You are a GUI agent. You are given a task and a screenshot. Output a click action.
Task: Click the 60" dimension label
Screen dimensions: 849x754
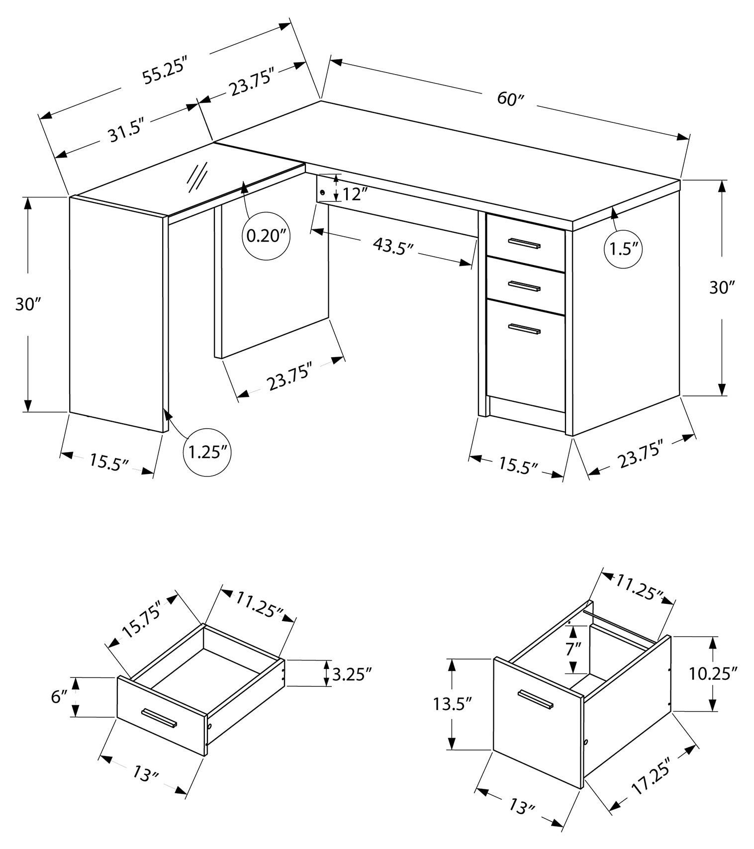pos(511,98)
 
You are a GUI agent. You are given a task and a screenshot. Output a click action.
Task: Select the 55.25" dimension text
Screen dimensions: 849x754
pos(164,71)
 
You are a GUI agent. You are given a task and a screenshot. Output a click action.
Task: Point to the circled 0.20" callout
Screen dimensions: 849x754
pos(268,235)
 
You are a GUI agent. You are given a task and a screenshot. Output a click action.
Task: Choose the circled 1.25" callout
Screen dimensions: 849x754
pos(207,452)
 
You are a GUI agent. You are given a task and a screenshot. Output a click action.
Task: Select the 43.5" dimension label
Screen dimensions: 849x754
pos(393,246)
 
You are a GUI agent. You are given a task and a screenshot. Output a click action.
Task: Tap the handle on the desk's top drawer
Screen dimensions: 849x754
pos(524,243)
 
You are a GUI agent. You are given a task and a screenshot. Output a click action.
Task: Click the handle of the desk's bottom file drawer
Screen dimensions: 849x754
pos(524,328)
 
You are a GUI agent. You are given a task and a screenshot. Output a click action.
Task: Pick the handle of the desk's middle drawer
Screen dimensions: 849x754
pos(524,286)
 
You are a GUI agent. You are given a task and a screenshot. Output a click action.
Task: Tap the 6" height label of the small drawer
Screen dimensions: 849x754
pos(58,697)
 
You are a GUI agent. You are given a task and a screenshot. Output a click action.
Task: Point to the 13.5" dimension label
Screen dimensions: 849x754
pos(452,704)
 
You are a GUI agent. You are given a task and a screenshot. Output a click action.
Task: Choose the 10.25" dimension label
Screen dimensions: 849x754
pos(712,674)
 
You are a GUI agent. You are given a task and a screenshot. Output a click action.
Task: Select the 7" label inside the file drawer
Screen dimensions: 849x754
pos(573,649)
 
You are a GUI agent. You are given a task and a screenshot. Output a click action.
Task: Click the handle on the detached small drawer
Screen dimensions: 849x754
pos(159,717)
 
